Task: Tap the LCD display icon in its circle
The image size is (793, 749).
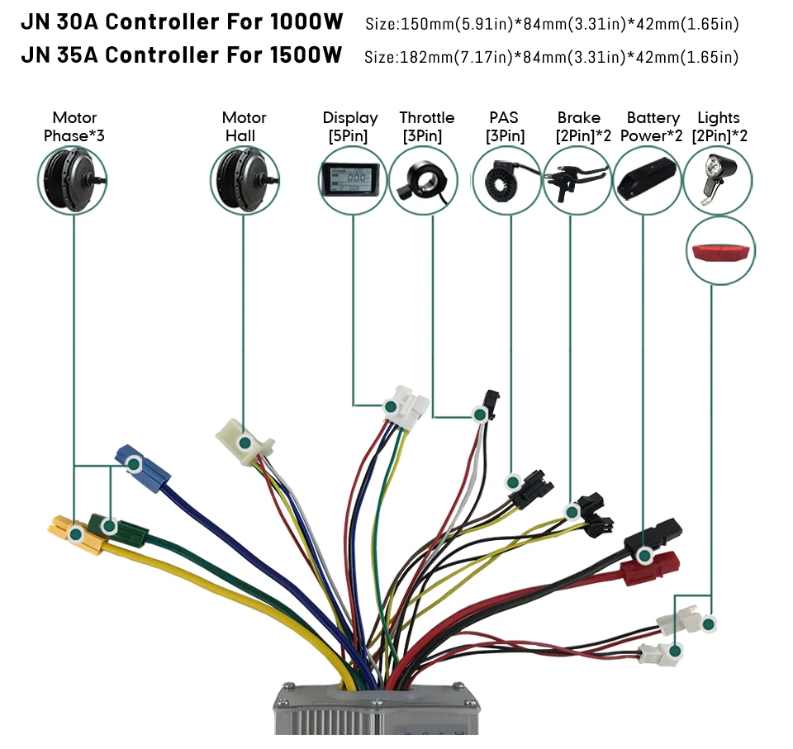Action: (x=353, y=180)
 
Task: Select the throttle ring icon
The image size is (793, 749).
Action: (x=421, y=180)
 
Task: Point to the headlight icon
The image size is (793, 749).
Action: (x=716, y=179)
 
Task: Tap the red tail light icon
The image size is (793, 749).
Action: (x=720, y=252)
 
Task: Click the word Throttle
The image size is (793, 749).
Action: (x=426, y=118)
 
